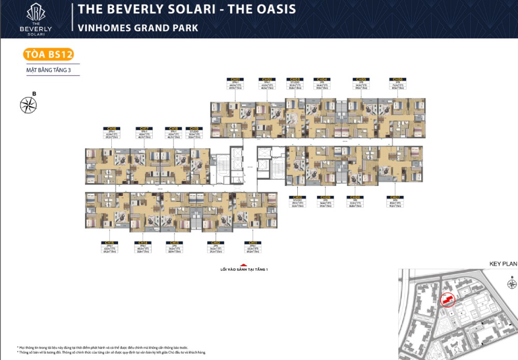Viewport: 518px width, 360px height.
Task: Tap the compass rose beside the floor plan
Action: tap(28, 105)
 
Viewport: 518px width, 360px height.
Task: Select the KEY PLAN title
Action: tap(503, 264)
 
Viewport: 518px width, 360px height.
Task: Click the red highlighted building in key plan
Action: tap(445, 299)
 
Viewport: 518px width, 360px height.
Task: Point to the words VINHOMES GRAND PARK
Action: tap(138, 27)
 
